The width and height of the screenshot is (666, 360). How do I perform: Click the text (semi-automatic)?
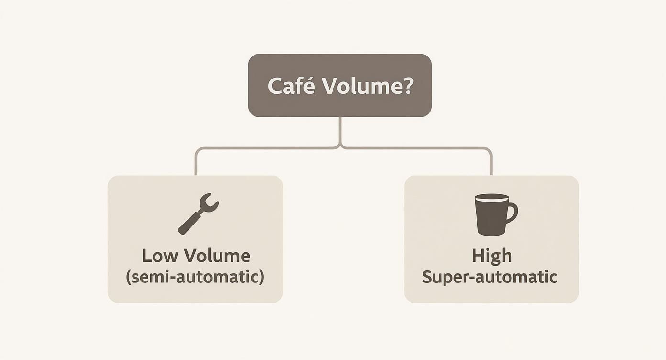(x=195, y=277)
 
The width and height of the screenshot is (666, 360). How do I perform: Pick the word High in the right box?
(x=491, y=256)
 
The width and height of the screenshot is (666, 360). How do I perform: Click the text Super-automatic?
(x=489, y=277)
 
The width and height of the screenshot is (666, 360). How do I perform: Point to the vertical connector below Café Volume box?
(x=340, y=130)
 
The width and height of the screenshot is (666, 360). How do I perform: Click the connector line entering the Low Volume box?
(x=196, y=165)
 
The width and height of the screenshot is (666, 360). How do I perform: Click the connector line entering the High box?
(x=491, y=165)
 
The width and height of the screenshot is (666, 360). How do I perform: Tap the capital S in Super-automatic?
(x=428, y=277)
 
